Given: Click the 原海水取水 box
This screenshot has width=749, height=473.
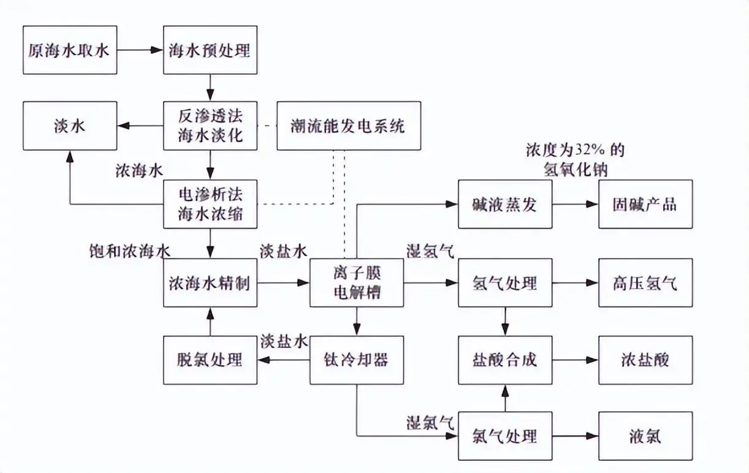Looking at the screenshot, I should (69, 50).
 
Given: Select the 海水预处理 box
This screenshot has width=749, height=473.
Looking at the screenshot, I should (210, 50).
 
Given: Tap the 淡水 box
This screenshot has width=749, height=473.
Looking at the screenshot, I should (69, 126).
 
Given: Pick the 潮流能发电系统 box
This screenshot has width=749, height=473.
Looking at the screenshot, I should (348, 126).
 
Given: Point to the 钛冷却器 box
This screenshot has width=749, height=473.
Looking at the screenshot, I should (357, 360).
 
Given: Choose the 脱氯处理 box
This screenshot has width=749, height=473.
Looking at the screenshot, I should (210, 360).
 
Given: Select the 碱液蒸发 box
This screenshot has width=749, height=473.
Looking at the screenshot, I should (505, 204).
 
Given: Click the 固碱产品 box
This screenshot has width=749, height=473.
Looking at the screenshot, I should (645, 204).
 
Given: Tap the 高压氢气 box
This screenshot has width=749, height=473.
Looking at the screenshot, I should (645, 283).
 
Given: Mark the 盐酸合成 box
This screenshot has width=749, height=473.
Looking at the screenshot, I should (505, 360).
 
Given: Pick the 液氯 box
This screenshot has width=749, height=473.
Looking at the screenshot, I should (645, 436).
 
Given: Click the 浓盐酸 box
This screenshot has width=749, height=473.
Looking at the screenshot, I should (645, 360).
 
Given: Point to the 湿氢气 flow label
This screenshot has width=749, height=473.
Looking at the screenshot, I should (430, 251).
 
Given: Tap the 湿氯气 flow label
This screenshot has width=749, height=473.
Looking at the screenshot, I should (430, 422).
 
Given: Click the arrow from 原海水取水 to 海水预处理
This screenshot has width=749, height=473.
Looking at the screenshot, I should (140, 50).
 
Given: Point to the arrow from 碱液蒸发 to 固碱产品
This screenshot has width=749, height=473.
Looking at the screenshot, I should (575, 204).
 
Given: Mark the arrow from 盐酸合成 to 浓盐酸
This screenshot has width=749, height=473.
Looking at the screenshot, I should (575, 360).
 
